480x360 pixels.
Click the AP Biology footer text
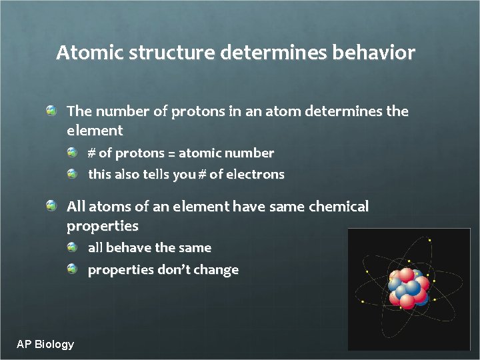pyautogui.click(x=45, y=344)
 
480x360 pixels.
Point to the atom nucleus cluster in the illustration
pyautogui.click(x=409, y=287)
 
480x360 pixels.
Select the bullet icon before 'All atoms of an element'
pyautogui.click(x=51, y=205)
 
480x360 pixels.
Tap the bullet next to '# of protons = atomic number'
pyautogui.click(x=73, y=152)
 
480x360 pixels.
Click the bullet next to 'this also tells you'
pyautogui.click(x=73, y=173)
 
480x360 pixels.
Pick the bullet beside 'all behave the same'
pyautogui.click(x=73, y=247)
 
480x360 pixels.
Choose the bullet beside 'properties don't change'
pyautogui.click(x=73, y=269)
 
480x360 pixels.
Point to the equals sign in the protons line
pyautogui.click(x=171, y=154)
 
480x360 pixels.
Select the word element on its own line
pyautogui.click(x=95, y=131)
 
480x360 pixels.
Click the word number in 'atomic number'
pyautogui.click(x=249, y=153)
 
